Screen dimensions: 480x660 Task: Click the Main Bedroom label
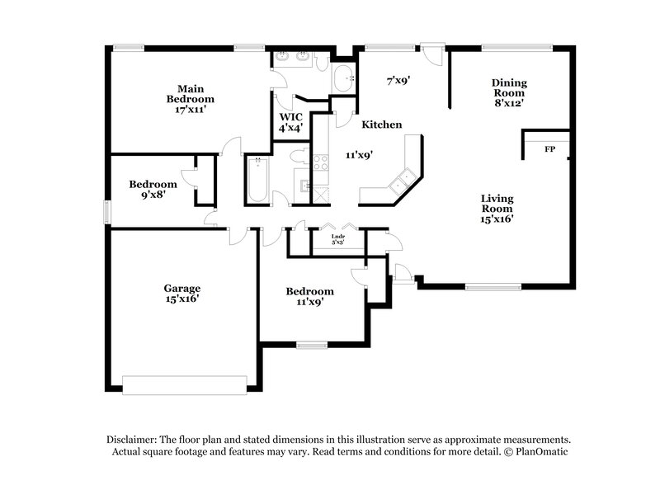coord(185,98)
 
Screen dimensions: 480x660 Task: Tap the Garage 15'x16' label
coord(181,294)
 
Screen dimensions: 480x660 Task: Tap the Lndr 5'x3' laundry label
coord(338,241)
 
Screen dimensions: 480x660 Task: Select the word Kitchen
coord(382,125)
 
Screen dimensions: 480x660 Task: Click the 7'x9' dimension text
coord(400,81)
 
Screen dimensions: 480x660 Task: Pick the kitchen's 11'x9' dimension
coord(359,154)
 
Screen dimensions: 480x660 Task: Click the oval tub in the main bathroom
coord(342,79)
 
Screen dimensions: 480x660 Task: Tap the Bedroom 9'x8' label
coord(153,190)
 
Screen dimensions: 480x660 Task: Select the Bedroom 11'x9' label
coord(309,297)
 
